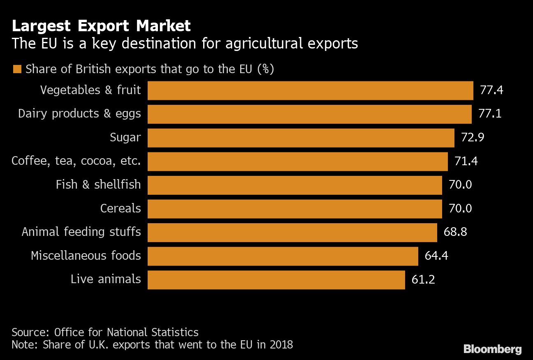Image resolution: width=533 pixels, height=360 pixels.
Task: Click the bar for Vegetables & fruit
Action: [310, 90]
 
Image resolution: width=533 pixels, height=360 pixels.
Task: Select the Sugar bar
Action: [301, 138]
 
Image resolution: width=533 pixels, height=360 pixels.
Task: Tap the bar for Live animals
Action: [276, 279]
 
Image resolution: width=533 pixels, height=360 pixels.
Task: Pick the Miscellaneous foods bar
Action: [283, 256]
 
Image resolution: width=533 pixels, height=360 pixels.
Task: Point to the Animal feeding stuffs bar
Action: [292, 232]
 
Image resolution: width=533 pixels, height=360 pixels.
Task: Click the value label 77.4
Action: [491, 90]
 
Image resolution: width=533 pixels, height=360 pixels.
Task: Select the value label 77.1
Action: [490, 114]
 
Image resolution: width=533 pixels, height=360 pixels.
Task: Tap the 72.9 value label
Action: [473, 137]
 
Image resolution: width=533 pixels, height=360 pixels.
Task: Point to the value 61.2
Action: [423, 279]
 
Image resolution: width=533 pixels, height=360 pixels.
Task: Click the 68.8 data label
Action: [455, 232]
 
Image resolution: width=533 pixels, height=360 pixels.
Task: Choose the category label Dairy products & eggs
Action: [79, 114]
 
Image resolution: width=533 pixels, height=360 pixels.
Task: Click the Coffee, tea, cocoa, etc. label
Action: [76, 161]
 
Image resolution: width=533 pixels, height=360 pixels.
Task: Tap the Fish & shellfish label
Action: [98, 185]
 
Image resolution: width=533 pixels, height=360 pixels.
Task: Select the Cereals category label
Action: [121, 208]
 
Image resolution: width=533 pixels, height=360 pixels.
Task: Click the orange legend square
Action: [17, 69]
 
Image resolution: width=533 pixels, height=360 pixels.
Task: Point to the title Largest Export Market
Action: [101, 26]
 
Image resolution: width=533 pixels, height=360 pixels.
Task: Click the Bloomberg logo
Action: [492, 349]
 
